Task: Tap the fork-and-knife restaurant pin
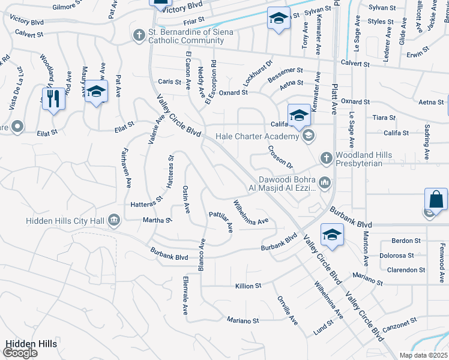pyautogui.click(x=53, y=98)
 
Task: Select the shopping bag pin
pyautogui.click(x=436, y=199)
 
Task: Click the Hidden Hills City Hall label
pyautogui.click(x=65, y=221)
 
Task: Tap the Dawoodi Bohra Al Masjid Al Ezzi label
pyautogui.click(x=287, y=183)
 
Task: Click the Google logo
pyautogui.click(x=20, y=353)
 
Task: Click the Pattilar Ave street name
pyautogui.click(x=221, y=221)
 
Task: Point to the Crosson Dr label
pyautogui.click(x=280, y=157)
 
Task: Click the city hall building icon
pyautogui.click(x=113, y=221)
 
